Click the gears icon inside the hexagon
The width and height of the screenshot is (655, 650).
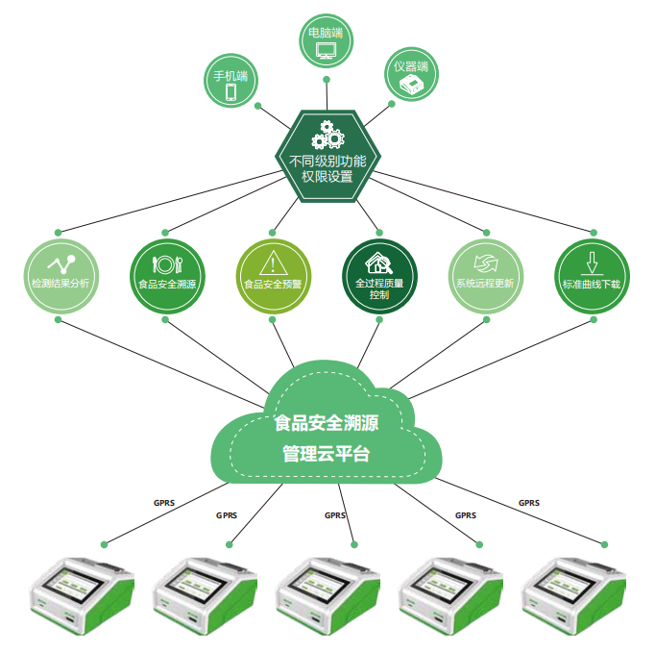(x=328, y=133)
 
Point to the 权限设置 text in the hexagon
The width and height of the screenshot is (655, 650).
(x=327, y=177)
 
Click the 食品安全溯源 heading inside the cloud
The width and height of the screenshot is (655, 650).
(x=327, y=420)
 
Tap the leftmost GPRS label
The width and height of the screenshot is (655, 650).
(x=164, y=502)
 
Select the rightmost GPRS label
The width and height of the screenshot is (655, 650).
(x=529, y=502)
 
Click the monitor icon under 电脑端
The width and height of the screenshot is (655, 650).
(x=327, y=50)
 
